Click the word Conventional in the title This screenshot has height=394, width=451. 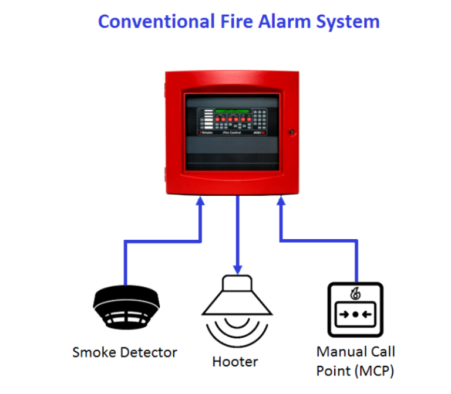point(155,22)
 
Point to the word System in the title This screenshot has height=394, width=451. point(352,22)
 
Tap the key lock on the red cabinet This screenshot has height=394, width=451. point(291,133)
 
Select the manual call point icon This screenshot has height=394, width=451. point(356,310)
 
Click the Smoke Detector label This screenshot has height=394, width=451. point(124,352)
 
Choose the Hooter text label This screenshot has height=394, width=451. point(235,362)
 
